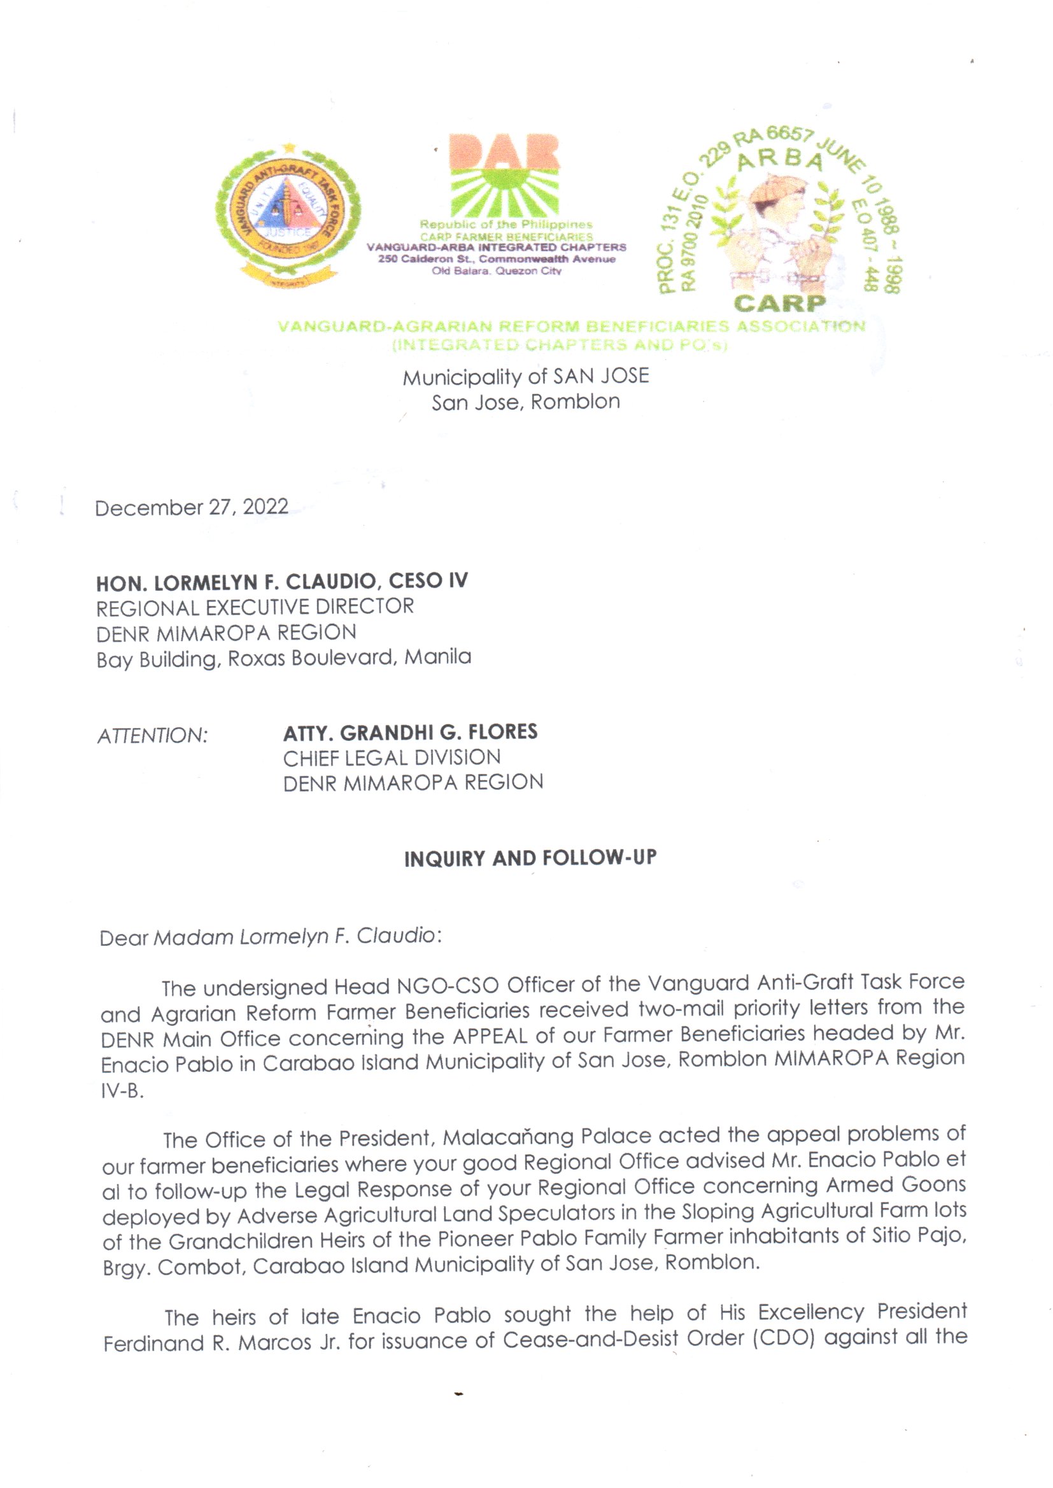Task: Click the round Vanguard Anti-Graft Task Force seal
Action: (x=287, y=214)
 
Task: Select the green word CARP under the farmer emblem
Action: (x=779, y=304)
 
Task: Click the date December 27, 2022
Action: (x=191, y=507)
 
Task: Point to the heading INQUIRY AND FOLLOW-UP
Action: (x=530, y=859)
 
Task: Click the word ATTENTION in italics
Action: (x=152, y=736)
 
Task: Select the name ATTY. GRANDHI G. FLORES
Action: (x=410, y=733)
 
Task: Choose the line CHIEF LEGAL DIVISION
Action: (x=392, y=757)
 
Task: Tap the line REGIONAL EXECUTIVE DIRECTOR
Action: (x=255, y=607)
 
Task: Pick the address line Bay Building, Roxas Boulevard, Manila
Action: (x=283, y=659)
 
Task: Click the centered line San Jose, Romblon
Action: (x=526, y=402)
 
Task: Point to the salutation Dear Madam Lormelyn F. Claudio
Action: (x=270, y=937)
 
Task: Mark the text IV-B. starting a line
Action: (x=122, y=1091)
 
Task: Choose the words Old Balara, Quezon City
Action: (x=497, y=271)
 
